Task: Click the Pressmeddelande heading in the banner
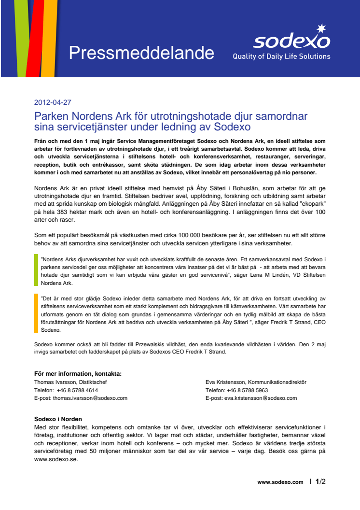[x=141, y=52]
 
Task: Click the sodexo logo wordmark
[x=291, y=42]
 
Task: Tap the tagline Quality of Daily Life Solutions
[x=281, y=57]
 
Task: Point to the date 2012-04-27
[x=53, y=102]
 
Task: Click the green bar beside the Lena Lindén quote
[x=36, y=270]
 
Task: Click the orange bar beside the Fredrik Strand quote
[x=36, y=313]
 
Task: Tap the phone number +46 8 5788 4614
[x=77, y=390]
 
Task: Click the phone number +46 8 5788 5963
[x=249, y=390]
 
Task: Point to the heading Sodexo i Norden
[x=58, y=419]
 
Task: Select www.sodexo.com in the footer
[x=280, y=482]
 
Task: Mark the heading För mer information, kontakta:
[x=78, y=373]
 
